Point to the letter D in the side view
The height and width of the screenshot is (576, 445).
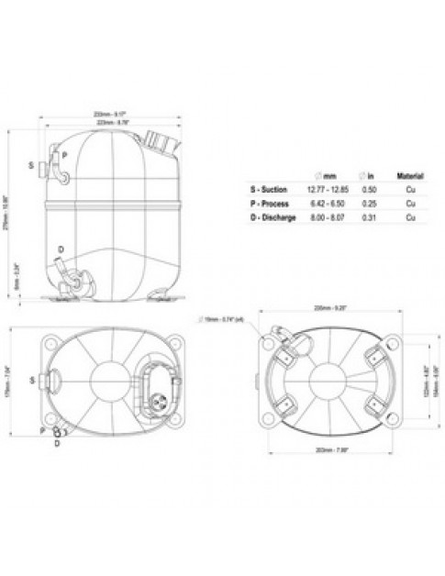[61, 249]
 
